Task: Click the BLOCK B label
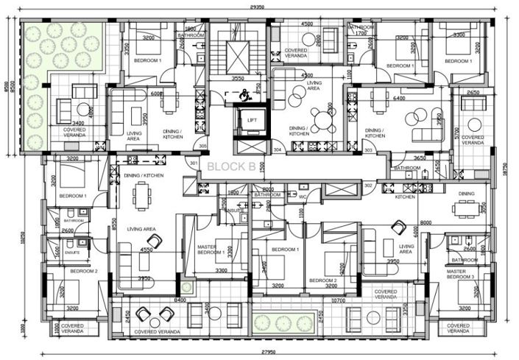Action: pyautogui.click(x=231, y=166)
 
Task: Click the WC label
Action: pyautogui.click(x=303, y=196)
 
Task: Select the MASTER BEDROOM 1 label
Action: pyautogui.click(x=211, y=250)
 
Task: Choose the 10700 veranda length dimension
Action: pyautogui.click(x=338, y=300)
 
